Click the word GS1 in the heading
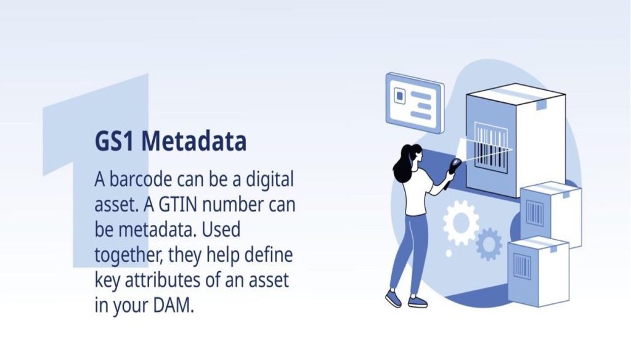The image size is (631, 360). [114, 141]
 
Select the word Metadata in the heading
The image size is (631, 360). [194, 141]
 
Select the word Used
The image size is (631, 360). [221, 229]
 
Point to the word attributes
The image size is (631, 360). [163, 280]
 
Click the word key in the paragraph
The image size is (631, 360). [107, 280]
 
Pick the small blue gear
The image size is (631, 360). [489, 244]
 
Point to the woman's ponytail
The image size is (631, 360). [402, 165]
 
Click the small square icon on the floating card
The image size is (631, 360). [399, 96]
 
